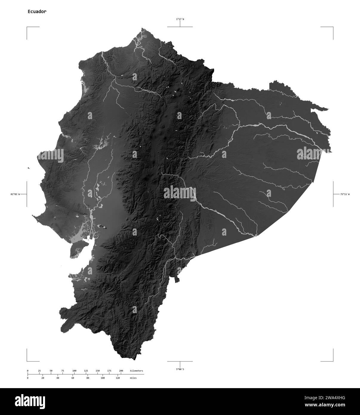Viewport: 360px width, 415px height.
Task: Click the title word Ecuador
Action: (x=37, y=12)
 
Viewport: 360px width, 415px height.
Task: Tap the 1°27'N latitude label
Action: (x=180, y=19)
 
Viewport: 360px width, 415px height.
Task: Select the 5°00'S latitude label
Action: (x=180, y=369)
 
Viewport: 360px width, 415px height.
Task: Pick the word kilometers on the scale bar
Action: (x=136, y=371)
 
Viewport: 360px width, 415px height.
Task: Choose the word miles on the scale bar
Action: (x=133, y=378)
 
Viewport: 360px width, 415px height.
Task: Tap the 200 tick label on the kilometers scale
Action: (x=121, y=371)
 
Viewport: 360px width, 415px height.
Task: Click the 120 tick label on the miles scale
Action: (x=118, y=378)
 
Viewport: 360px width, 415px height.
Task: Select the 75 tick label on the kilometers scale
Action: (x=62, y=371)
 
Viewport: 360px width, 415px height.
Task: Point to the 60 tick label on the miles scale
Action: (x=72, y=378)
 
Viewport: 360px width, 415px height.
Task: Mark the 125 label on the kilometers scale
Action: (x=86, y=371)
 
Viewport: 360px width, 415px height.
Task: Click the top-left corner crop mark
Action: (x=27, y=27)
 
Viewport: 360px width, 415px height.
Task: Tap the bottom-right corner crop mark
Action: (x=333, y=361)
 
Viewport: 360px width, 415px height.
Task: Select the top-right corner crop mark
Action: (x=333, y=27)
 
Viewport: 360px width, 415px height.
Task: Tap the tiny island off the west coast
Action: (x=28, y=168)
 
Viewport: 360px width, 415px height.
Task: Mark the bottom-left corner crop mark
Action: (x=27, y=361)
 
